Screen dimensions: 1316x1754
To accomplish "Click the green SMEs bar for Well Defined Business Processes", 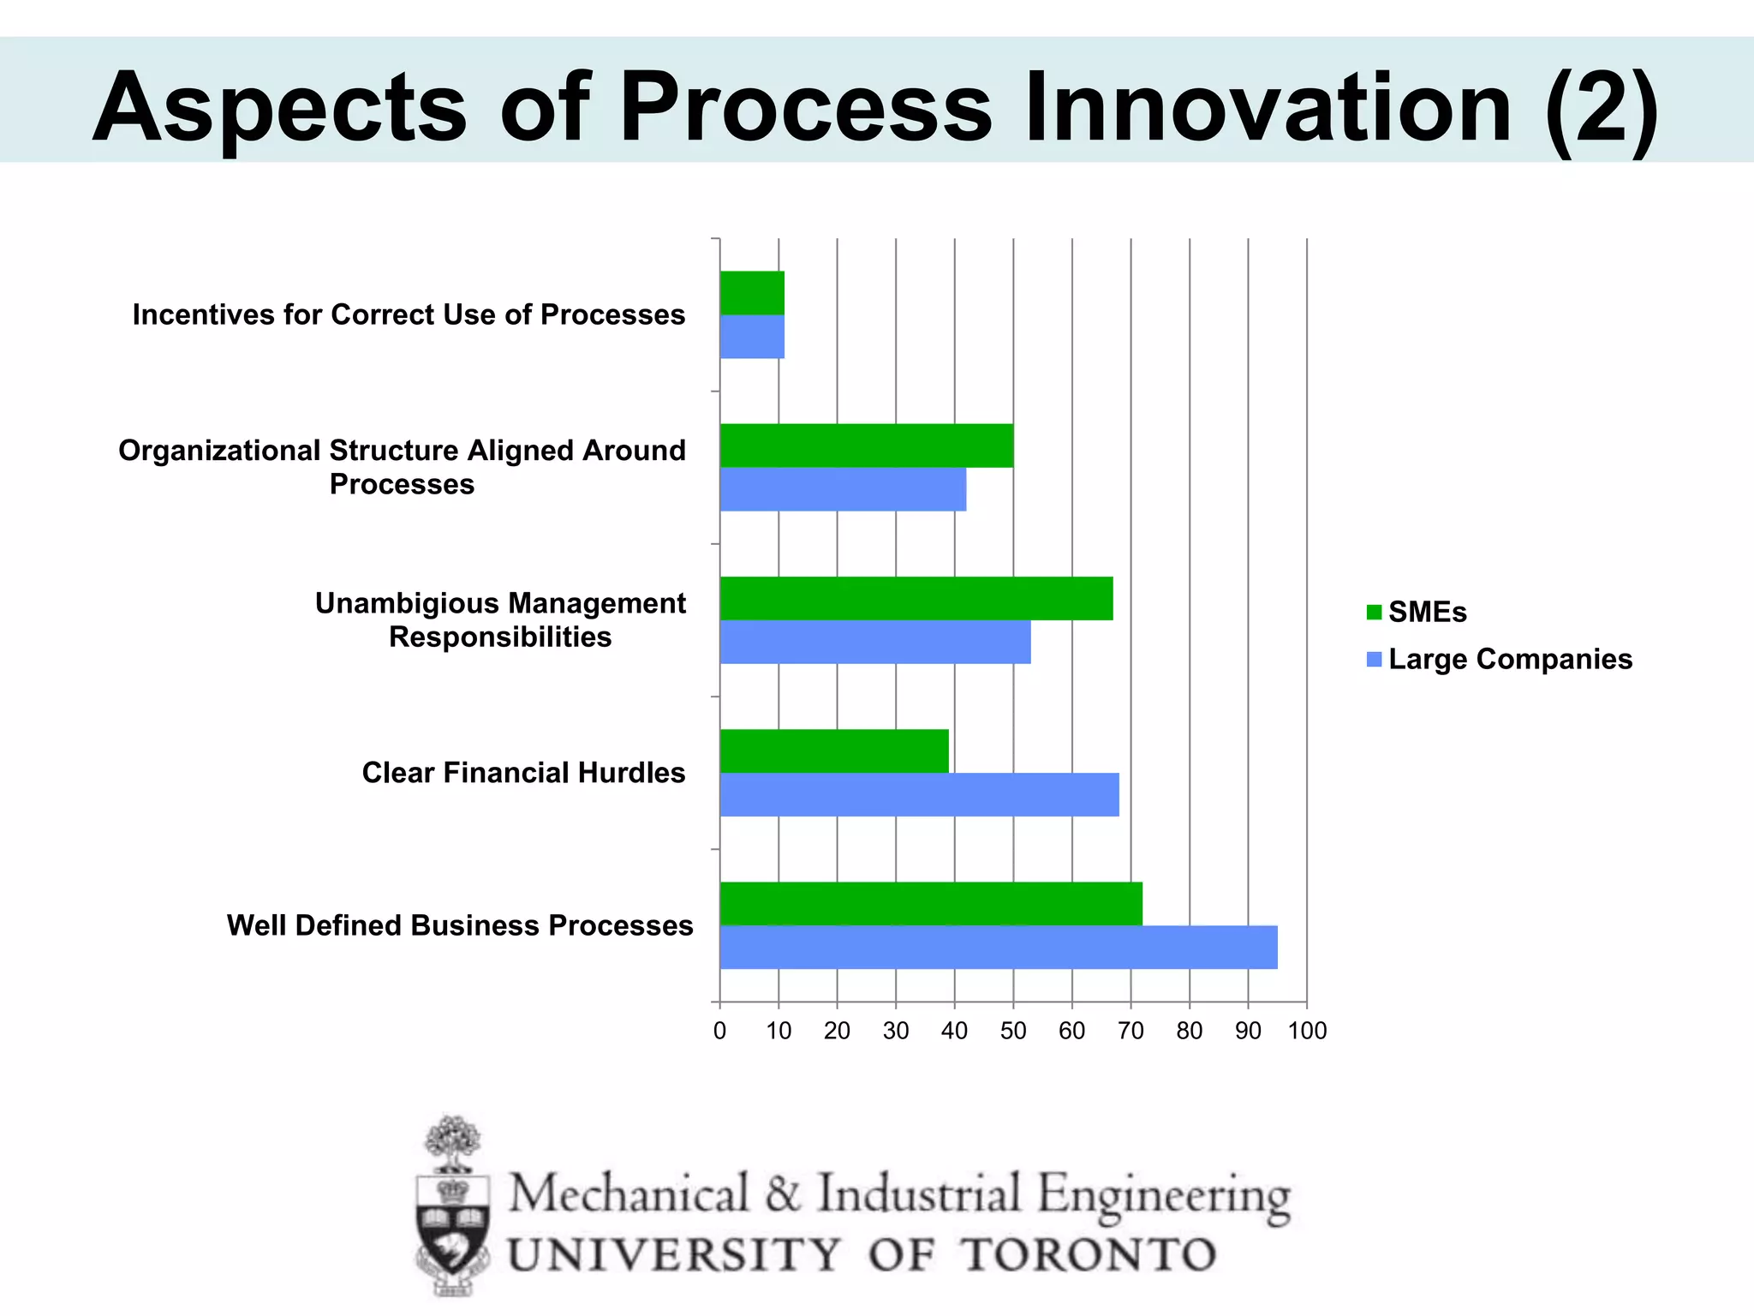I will click(x=931, y=903).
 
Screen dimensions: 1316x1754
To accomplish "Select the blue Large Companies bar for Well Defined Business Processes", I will click(x=998, y=948).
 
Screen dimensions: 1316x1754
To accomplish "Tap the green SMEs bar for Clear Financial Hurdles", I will click(x=834, y=751).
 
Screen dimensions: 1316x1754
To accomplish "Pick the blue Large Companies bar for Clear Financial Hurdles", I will click(x=919, y=795).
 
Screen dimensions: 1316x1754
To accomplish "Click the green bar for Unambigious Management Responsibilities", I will click(x=916, y=598).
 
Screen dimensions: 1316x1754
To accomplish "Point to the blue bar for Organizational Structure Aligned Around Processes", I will click(x=843, y=489).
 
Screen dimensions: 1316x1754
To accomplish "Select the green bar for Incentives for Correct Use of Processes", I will click(x=752, y=293).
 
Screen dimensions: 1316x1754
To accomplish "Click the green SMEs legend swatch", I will click(x=1374, y=613).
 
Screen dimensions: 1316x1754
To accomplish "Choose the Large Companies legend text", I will click(x=1510, y=659).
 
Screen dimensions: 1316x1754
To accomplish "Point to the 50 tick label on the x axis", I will click(x=1013, y=1031).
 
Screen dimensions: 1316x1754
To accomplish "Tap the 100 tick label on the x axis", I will click(x=1307, y=1031).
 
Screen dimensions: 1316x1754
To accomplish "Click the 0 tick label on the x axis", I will click(x=719, y=1031).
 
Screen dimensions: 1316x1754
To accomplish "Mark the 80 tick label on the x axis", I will click(x=1190, y=1031).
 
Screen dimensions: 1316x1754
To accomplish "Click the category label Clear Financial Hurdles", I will click(x=523, y=773).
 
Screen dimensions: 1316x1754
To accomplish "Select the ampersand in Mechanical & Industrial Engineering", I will click(x=783, y=1193).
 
